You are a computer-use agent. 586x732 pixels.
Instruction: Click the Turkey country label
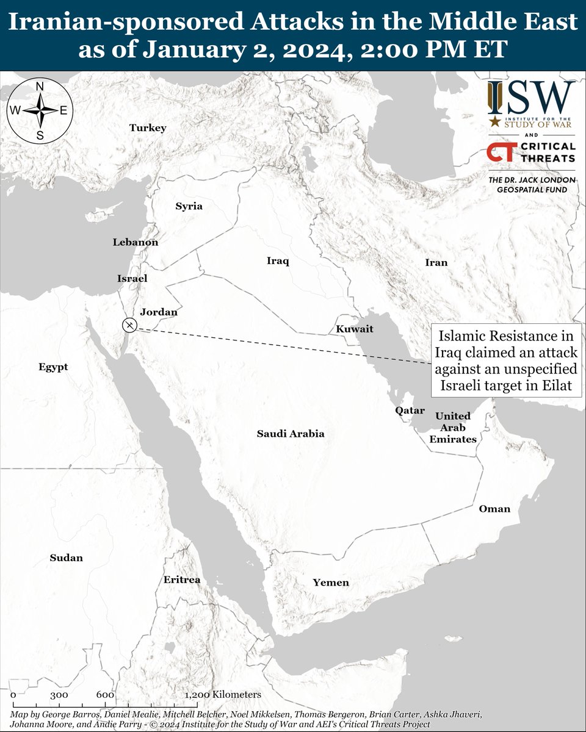[148, 128]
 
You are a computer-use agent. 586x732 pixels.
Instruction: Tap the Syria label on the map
[189, 206]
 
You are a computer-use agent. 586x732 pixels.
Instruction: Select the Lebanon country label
[135, 242]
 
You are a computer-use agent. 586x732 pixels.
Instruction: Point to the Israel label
[132, 278]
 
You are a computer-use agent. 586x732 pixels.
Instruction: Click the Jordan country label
[159, 312]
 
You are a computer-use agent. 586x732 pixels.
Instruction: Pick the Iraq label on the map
[278, 261]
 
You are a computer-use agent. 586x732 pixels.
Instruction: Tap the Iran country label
[436, 263]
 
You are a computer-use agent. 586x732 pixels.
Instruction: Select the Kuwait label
[355, 329]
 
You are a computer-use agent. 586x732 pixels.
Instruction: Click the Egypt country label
[53, 367]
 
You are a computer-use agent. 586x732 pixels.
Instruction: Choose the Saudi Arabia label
[290, 434]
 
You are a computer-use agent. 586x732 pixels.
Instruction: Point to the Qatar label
[410, 411]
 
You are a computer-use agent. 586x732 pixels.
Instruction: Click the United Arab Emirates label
[452, 427]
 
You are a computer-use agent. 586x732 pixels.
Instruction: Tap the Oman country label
[494, 508]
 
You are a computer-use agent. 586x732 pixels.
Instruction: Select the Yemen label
[331, 583]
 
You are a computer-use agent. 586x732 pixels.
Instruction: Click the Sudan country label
[67, 558]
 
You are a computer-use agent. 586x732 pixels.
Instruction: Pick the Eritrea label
[181, 580]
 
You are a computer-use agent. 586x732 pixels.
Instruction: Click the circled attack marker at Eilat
[129, 325]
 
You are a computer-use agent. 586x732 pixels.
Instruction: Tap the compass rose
[40, 110]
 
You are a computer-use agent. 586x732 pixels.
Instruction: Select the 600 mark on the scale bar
[105, 695]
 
